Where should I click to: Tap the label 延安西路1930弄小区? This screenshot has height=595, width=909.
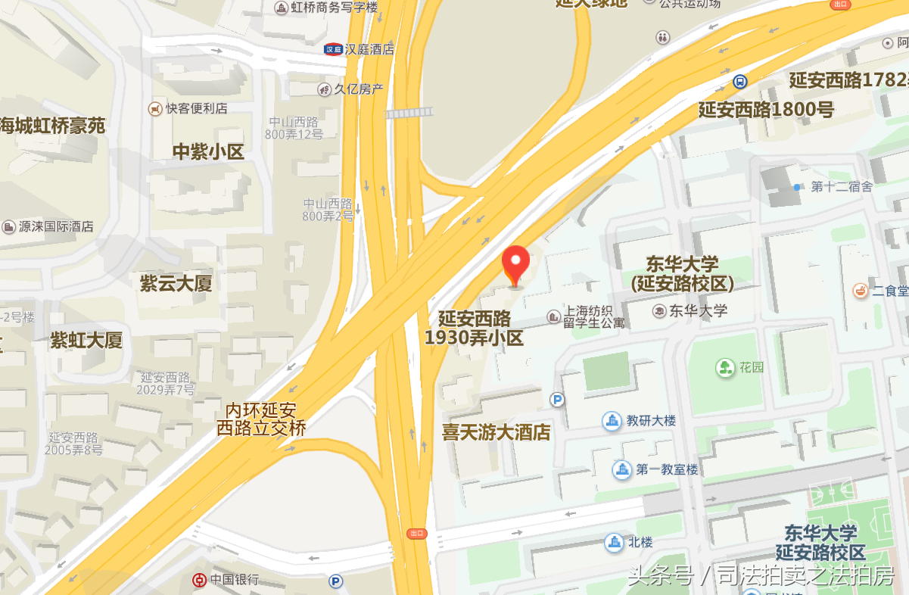[x=475, y=328]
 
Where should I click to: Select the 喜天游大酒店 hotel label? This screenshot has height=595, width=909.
[x=497, y=432]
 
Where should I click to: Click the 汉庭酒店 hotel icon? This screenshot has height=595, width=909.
[x=333, y=49]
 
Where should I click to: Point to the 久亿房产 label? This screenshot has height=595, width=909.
[x=359, y=89]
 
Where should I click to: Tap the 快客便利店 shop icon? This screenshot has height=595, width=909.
[x=156, y=108]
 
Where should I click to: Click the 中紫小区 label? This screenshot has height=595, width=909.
[x=208, y=152]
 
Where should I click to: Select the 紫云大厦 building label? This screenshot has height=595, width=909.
[x=176, y=284]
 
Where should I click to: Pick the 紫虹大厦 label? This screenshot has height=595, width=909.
[x=86, y=341]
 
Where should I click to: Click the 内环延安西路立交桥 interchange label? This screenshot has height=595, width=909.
[x=261, y=419]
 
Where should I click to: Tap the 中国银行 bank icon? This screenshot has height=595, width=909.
[x=198, y=580]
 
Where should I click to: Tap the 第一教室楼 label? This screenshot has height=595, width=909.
[x=667, y=469]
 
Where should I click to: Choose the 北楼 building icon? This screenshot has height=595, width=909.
[x=614, y=542]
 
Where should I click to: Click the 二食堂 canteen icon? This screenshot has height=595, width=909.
[x=861, y=290]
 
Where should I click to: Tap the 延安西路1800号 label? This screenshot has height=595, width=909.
[x=766, y=110]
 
